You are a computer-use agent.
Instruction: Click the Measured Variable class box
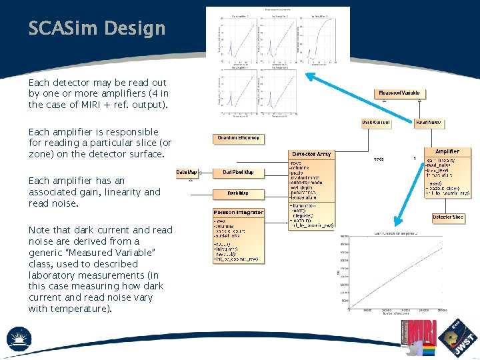pos(399,93)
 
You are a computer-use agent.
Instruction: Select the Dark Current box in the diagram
pos(376,123)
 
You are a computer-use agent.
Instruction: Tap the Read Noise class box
pos(429,123)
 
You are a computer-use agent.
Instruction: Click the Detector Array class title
pos(311,154)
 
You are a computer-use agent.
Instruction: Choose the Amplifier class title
pos(447,152)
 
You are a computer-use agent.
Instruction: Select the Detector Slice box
pos(447,217)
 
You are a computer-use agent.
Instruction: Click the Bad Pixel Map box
pos(238,173)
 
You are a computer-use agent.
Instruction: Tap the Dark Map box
pos(238,194)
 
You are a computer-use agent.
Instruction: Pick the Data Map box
pos(187,173)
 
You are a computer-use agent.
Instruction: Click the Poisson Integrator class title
pos(239,213)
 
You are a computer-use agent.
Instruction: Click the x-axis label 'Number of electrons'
pos(394,314)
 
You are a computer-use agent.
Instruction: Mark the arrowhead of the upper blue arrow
pos(307,75)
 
